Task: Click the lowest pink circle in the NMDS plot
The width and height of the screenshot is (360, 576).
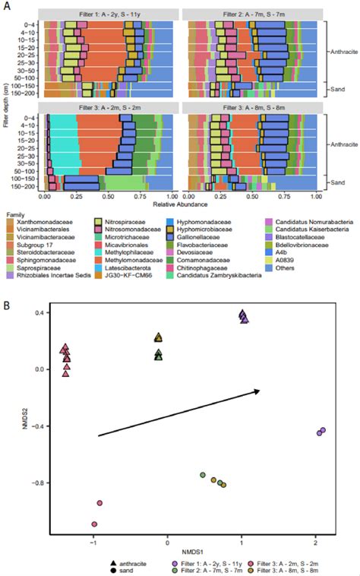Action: [x=94, y=524]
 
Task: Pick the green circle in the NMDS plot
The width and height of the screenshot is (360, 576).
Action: [x=203, y=475]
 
